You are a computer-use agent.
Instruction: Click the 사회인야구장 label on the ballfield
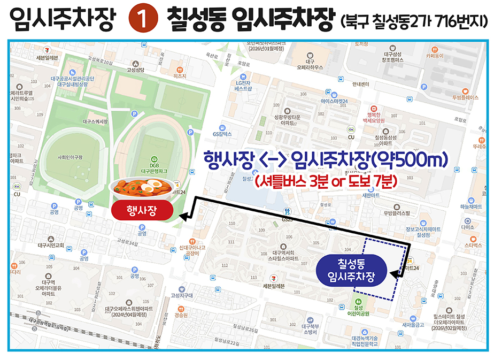pyautogui.click(x=71, y=157)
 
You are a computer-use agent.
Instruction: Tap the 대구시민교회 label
pyautogui.click(x=51, y=246)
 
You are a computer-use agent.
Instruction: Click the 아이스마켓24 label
pyautogui.click(x=334, y=101)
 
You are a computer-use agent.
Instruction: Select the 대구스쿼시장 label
pyautogui.click(x=95, y=121)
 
